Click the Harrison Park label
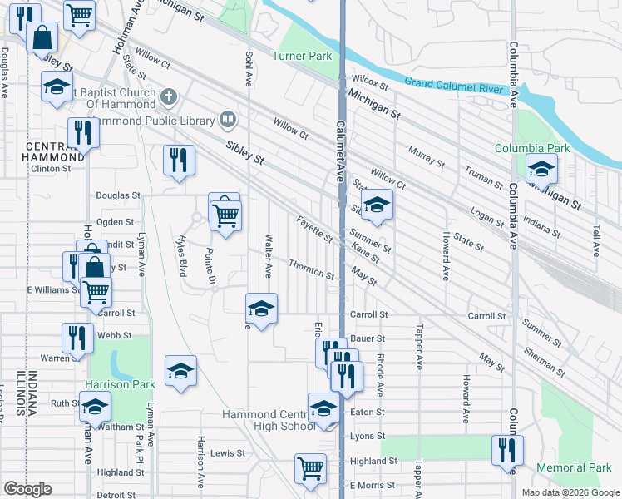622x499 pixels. pos(120,385)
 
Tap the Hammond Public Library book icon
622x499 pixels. pos(226,121)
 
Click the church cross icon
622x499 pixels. pos(169,97)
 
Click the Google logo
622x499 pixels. pos(27,489)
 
